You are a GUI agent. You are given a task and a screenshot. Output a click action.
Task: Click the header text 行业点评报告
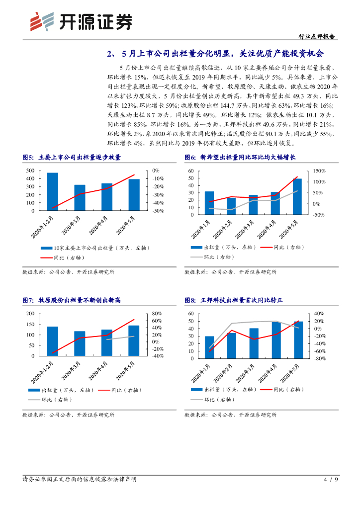click(x=318, y=36)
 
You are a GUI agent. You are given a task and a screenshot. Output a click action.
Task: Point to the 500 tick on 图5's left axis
click(x=30, y=170)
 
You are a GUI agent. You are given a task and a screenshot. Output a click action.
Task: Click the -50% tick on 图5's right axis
click(x=159, y=211)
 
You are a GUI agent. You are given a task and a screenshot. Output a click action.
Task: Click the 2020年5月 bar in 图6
click(x=297, y=196)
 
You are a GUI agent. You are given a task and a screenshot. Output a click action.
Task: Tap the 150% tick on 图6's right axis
click(x=318, y=170)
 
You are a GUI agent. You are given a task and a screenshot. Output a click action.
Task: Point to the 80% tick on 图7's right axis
click(x=157, y=313)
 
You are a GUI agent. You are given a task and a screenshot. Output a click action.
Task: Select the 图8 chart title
click(x=233, y=300)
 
